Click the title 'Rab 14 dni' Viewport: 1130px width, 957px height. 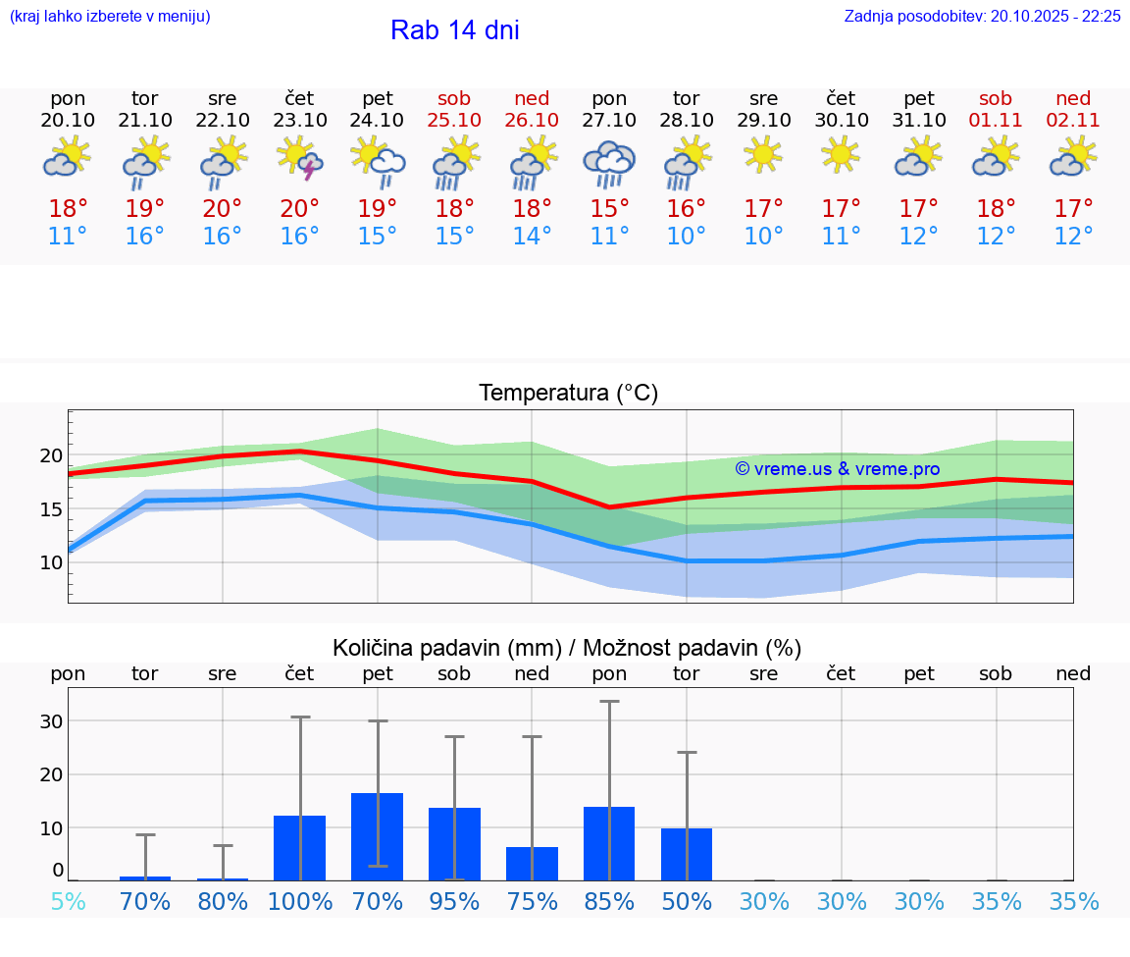pyautogui.click(x=454, y=30)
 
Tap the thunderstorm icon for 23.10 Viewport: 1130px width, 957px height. pyautogui.click(x=300, y=159)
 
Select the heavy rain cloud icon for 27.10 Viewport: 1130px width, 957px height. pyautogui.click(x=609, y=163)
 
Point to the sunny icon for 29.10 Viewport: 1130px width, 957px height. pyautogui.click(x=763, y=155)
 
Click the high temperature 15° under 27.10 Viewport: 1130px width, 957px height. pyautogui.click(x=609, y=209)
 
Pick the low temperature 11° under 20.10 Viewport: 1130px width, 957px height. pyautogui.click(x=68, y=237)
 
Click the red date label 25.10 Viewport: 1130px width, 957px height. pyautogui.click(x=454, y=121)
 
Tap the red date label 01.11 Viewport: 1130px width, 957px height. pyautogui.click(x=996, y=121)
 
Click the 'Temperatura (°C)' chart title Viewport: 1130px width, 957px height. pyautogui.click(x=568, y=394)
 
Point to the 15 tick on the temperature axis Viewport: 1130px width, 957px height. pyautogui.click(x=50, y=509)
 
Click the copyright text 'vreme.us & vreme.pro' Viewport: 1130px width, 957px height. pyautogui.click(x=838, y=469)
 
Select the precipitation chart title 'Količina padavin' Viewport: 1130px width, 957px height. pyautogui.click(x=567, y=648)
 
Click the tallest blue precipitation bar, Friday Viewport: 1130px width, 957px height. pyautogui.click(x=378, y=836)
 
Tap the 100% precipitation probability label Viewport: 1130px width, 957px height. pyautogui.click(x=300, y=901)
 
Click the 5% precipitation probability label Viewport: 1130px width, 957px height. pyautogui.click(x=68, y=901)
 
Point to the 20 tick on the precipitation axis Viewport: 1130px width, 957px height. pyautogui.click(x=50, y=774)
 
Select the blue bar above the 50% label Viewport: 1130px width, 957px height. pyautogui.click(x=686, y=854)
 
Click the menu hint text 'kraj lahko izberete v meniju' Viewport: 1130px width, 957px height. pyautogui.click(x=110, y=17)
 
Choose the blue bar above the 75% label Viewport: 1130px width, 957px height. pyautogui.click(x=532, y=864)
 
